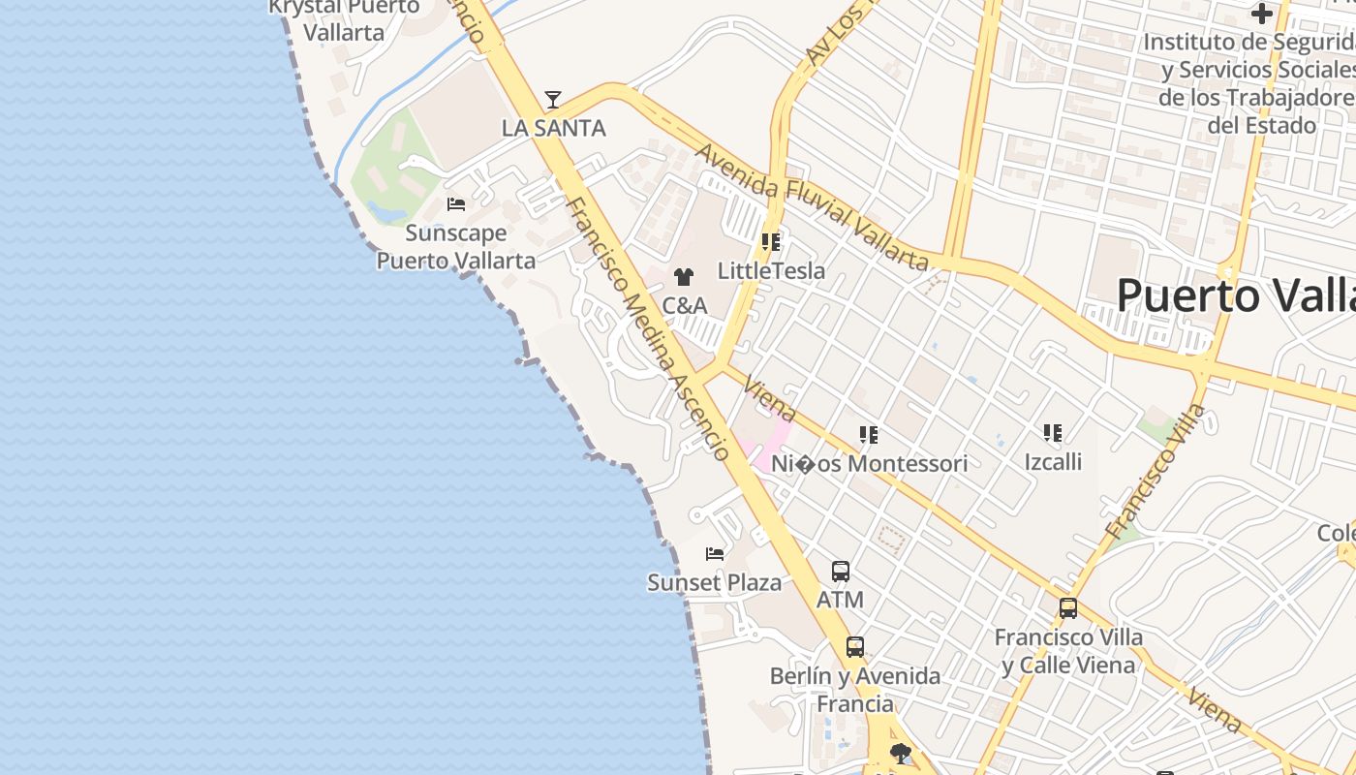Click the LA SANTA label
553,128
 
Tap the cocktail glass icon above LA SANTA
553,99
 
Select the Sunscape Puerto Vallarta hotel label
455,247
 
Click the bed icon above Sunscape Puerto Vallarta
456,204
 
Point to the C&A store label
684,305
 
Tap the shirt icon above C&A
684,277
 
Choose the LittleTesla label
771,270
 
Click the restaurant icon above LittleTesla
771,241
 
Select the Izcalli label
1053,462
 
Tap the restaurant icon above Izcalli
1053,433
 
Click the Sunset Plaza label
714,582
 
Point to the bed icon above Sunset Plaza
715,554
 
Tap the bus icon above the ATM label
840,572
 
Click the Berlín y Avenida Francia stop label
854,689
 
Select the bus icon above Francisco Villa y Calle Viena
1068,608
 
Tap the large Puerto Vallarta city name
1235,294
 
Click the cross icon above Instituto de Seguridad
1261,14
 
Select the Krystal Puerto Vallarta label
344,19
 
